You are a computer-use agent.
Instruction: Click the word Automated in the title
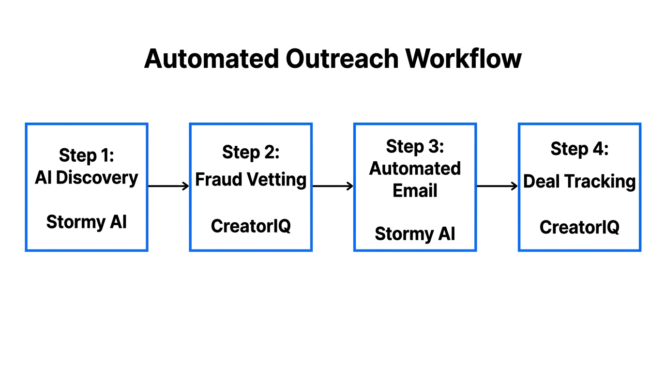pos(211,59)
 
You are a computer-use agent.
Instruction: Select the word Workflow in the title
pos(463,59)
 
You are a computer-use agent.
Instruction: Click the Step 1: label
pos(86,155)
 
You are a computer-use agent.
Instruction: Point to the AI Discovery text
pos(86,178)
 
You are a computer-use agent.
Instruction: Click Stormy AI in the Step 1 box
pos(86,222)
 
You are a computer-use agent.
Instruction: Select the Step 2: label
pos(251,152)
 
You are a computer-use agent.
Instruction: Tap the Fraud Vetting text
pos(251,180)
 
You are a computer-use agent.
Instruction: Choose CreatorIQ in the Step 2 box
pos(251,226)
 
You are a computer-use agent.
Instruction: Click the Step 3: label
pos(415,146)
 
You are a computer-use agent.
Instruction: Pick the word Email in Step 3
pos(415,190)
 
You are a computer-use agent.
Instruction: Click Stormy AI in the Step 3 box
pos(415,233)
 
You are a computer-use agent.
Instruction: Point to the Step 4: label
pos(579,149)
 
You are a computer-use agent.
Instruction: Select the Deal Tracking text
pos(579,182)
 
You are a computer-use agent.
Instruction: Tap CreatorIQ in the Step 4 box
pos(579,227)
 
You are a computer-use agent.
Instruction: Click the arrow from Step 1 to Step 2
pos(168,186)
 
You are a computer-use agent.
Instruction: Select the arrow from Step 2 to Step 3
pos(333,186)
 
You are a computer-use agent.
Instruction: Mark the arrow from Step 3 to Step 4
pos(497,186)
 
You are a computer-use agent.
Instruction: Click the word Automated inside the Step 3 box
pos(415,169)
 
